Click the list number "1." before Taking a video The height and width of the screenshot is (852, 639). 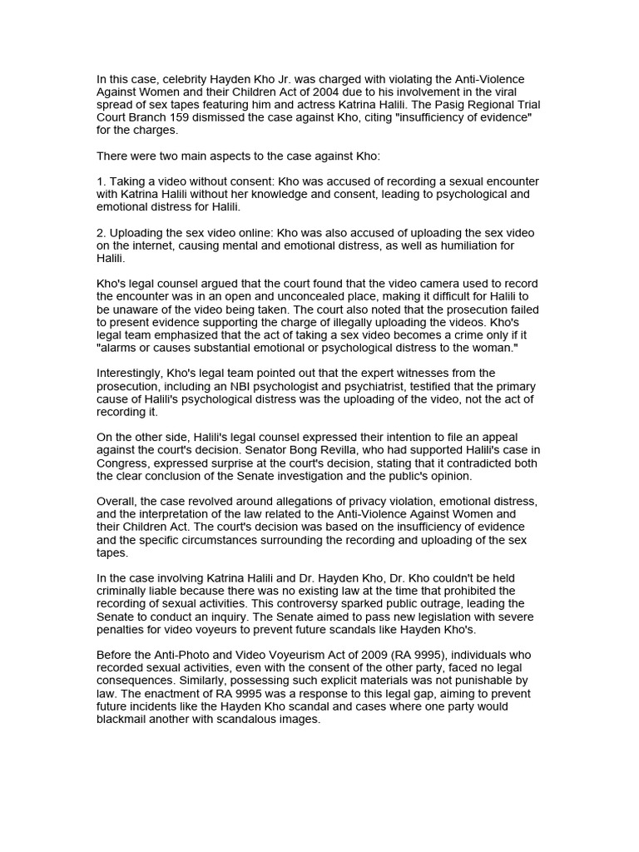[102, 181]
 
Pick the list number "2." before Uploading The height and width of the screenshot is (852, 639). [102, 233]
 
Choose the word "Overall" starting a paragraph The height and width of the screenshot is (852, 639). [117, 502]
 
